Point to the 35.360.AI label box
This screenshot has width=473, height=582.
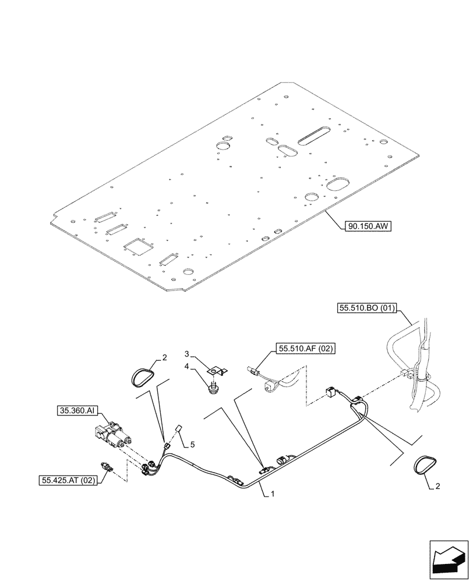click(77, 410)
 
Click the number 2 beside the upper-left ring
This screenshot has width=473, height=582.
click(164, 358)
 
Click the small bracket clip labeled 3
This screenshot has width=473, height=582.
click(218, 370)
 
